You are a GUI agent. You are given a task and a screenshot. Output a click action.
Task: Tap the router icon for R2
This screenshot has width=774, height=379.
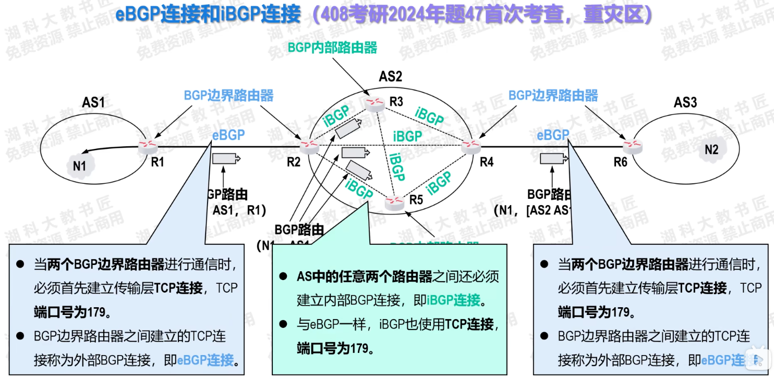tap(309, 146)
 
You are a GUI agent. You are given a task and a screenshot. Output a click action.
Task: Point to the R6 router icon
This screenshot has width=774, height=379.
tap(632, 146)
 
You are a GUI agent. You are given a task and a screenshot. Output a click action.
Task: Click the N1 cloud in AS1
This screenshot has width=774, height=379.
tap(79, 166)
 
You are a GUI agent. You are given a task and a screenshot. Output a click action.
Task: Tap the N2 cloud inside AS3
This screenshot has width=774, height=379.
tap(711, 150)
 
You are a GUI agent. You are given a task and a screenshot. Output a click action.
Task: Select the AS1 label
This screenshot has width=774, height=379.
tap(93, 102)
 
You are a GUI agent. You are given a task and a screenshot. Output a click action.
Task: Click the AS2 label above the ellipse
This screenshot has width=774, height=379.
tap(390, 77)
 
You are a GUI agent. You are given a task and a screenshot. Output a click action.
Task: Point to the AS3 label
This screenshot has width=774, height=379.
tap(685, 102)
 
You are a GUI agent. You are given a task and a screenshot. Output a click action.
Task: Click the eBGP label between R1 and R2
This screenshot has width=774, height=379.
tap(228, 135)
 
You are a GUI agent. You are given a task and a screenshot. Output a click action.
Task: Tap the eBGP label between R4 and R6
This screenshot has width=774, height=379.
tap(553, 135)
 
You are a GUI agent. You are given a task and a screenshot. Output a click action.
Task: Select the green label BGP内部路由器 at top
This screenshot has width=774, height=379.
tap(332, 48)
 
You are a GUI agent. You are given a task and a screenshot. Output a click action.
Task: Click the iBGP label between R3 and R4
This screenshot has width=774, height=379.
tap(430, 117)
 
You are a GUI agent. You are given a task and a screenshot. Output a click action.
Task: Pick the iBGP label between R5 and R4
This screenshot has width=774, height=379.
tap(439, 183)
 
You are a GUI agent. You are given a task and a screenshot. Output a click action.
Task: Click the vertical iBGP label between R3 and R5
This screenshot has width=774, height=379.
tap(397, 166)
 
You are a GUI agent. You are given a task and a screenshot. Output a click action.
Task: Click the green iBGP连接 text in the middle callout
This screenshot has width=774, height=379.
tap(453, 300)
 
